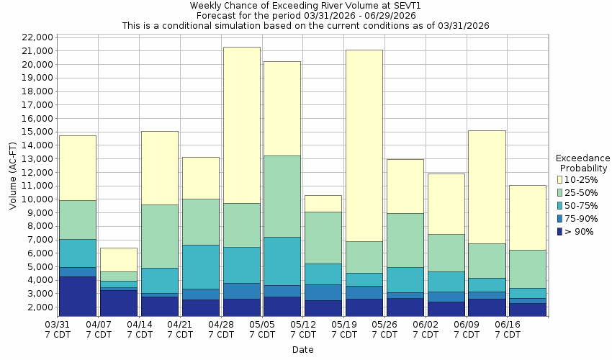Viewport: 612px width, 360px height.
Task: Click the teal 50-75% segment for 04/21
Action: click(x=200, y=266)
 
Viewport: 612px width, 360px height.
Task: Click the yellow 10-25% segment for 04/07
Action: click(x=119, y=259)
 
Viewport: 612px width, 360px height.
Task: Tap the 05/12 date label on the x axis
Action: click(x=303, y=329)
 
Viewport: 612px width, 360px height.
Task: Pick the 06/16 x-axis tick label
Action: click(x=508, y=329)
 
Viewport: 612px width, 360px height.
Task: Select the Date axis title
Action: click(x=302, y=349)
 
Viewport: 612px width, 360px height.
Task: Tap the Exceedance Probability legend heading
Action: click(x=582, y=163)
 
